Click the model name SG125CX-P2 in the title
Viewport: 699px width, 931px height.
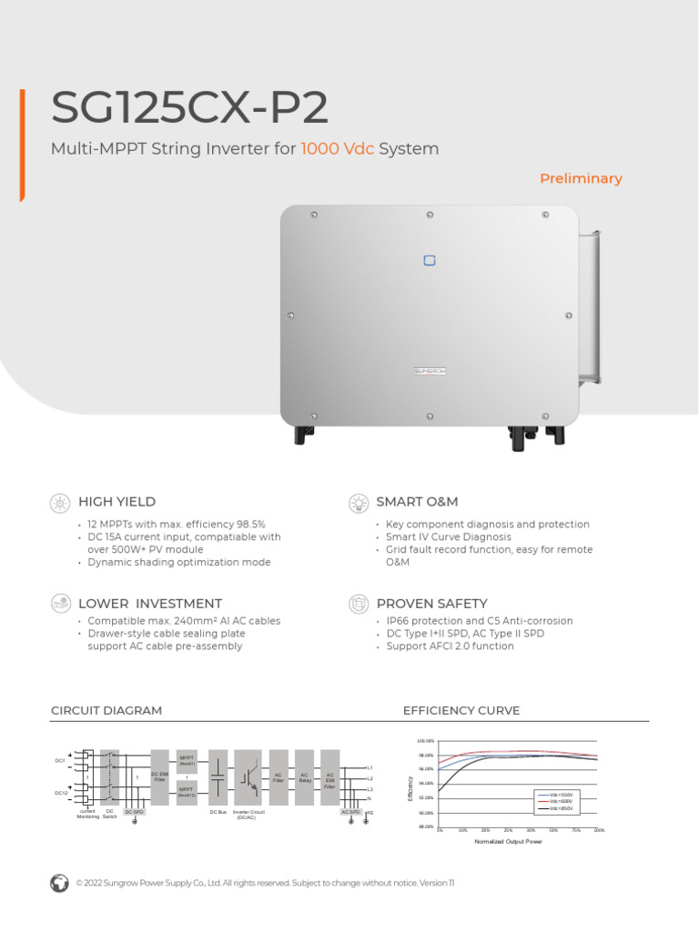click(x=189, y=108)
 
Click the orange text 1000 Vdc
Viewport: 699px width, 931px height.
click(x=338, y=149)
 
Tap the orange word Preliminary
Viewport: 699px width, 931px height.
click(x=581, y=179)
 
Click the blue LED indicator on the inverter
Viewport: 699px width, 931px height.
click(x=430, y=261)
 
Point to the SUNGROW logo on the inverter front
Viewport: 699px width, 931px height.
click(x=431, y=371)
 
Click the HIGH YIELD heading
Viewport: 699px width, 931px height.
click(x=116, y=502)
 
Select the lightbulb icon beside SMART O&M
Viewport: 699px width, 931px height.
click(x=359, y=502)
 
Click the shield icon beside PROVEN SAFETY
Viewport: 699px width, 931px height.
click(x=359, y=604)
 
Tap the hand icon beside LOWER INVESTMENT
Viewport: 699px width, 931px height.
click(x=60, y=604)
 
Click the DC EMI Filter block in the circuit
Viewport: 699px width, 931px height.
click(x=159, y=777)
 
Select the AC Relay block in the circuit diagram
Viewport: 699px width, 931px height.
click(x=305, y=777)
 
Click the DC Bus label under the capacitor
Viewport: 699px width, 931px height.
click(x=218, y=812)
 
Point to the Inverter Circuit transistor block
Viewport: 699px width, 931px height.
click(x=248, y=777)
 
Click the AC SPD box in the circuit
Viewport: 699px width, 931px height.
click(x=350, y=812)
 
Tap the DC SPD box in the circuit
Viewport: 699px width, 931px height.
click(x=134, y=812)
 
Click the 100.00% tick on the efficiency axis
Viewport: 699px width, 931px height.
click(x=425, y=742)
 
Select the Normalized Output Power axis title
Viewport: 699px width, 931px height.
click(x=508, y=842)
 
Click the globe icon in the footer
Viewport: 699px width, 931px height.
click(x=59, y=883)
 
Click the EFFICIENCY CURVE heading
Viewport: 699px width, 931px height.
click(x=461, y=711)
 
